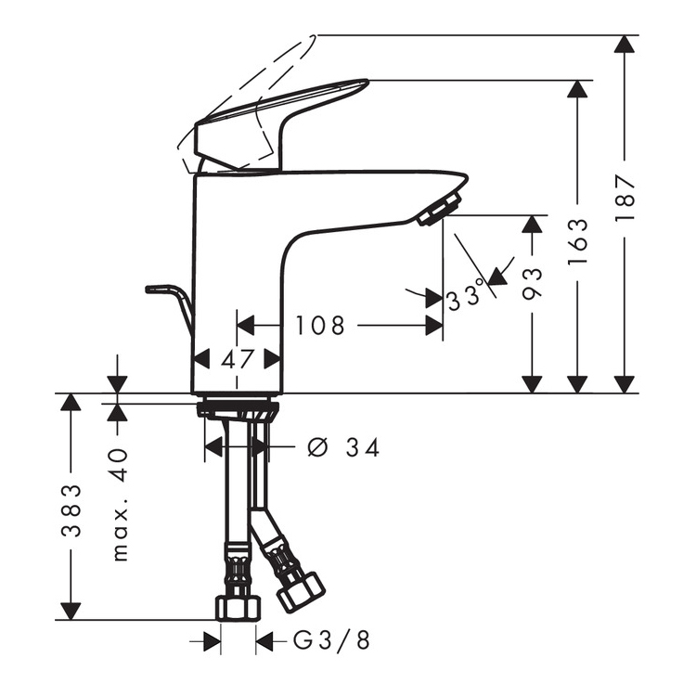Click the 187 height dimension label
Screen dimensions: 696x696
click(x=625, y=199)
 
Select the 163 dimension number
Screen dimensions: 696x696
click(x=578, y=241)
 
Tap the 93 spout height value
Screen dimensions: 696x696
click(x=533, y=284)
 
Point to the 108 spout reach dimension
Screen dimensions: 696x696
click(x=320, y=326)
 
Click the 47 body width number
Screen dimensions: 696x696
click(x=238, y=358)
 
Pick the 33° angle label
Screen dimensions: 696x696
click(x=464, y=295)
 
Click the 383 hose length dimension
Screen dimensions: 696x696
click(x=71, y=511)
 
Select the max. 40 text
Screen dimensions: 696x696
click(x=120, y=505)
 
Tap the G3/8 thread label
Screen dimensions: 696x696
click(x=331, y=641)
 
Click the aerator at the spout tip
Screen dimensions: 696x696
click(x=439, y=208)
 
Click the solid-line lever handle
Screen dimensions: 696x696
click(x=282, y=124)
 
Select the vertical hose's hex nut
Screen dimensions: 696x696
click(x=238, y=609)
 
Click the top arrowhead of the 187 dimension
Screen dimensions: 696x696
click(x=625, y=45)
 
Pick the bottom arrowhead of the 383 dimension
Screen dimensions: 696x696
click(x=71, y=611)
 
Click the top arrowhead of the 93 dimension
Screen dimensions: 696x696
click(x=532, y=225)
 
